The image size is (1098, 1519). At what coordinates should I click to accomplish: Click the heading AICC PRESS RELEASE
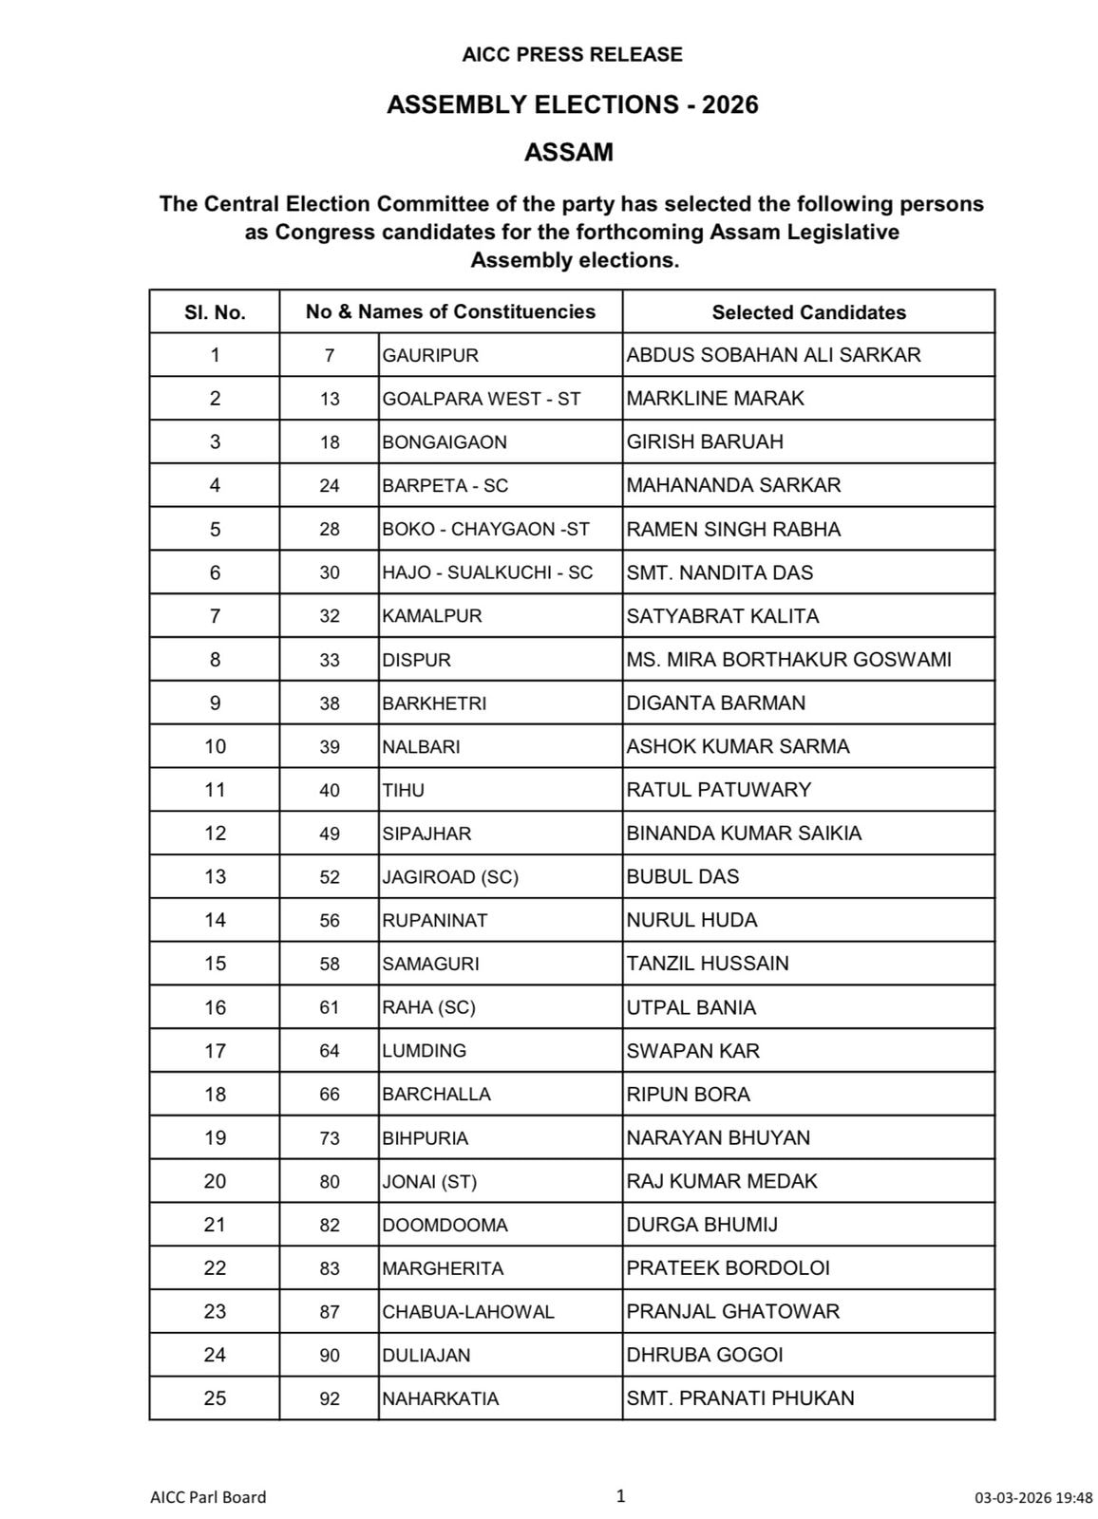click(x=572, y=55)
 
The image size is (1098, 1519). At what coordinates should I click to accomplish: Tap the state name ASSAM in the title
click(x=569, y=152)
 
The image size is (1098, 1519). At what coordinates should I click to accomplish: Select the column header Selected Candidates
click(x=808, y=312)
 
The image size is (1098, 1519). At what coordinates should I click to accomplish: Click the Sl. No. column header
click(x=215, y=312)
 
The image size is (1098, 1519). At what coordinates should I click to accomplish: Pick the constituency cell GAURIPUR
click(x=430, y=355)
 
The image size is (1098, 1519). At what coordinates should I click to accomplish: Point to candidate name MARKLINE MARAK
click(x=715, y=399)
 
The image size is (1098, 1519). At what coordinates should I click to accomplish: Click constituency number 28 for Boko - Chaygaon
click(x=329, y=529)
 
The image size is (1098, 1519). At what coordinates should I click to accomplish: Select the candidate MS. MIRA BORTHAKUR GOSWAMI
click(x=788, y=659)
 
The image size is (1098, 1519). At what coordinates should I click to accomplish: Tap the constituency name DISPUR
click(x=416, y=660)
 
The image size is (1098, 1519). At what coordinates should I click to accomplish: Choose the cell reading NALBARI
click(x=421, y=746)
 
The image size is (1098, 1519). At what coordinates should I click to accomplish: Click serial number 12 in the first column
click(x=215, y=834)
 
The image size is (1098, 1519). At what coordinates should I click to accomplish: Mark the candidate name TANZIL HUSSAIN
click(x=708, y=964)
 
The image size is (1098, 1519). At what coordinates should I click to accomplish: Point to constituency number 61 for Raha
click(x=329, y=1007)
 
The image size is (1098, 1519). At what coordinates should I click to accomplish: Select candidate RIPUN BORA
click(x=688, y=1094)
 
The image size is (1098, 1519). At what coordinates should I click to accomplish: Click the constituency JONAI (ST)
click(x=429, y=1181)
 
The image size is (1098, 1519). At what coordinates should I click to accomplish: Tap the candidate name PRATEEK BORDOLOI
click(x=728, y=1267)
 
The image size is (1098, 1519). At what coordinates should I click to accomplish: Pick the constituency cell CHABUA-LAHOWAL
click(x=467, y=1311)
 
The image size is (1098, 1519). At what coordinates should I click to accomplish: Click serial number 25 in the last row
click(x=215, y=1398)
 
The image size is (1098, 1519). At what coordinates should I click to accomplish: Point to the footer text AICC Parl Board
click(x=208, y=1497)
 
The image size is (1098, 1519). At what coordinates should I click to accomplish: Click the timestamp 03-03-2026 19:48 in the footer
click(x=1033, y=1498)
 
